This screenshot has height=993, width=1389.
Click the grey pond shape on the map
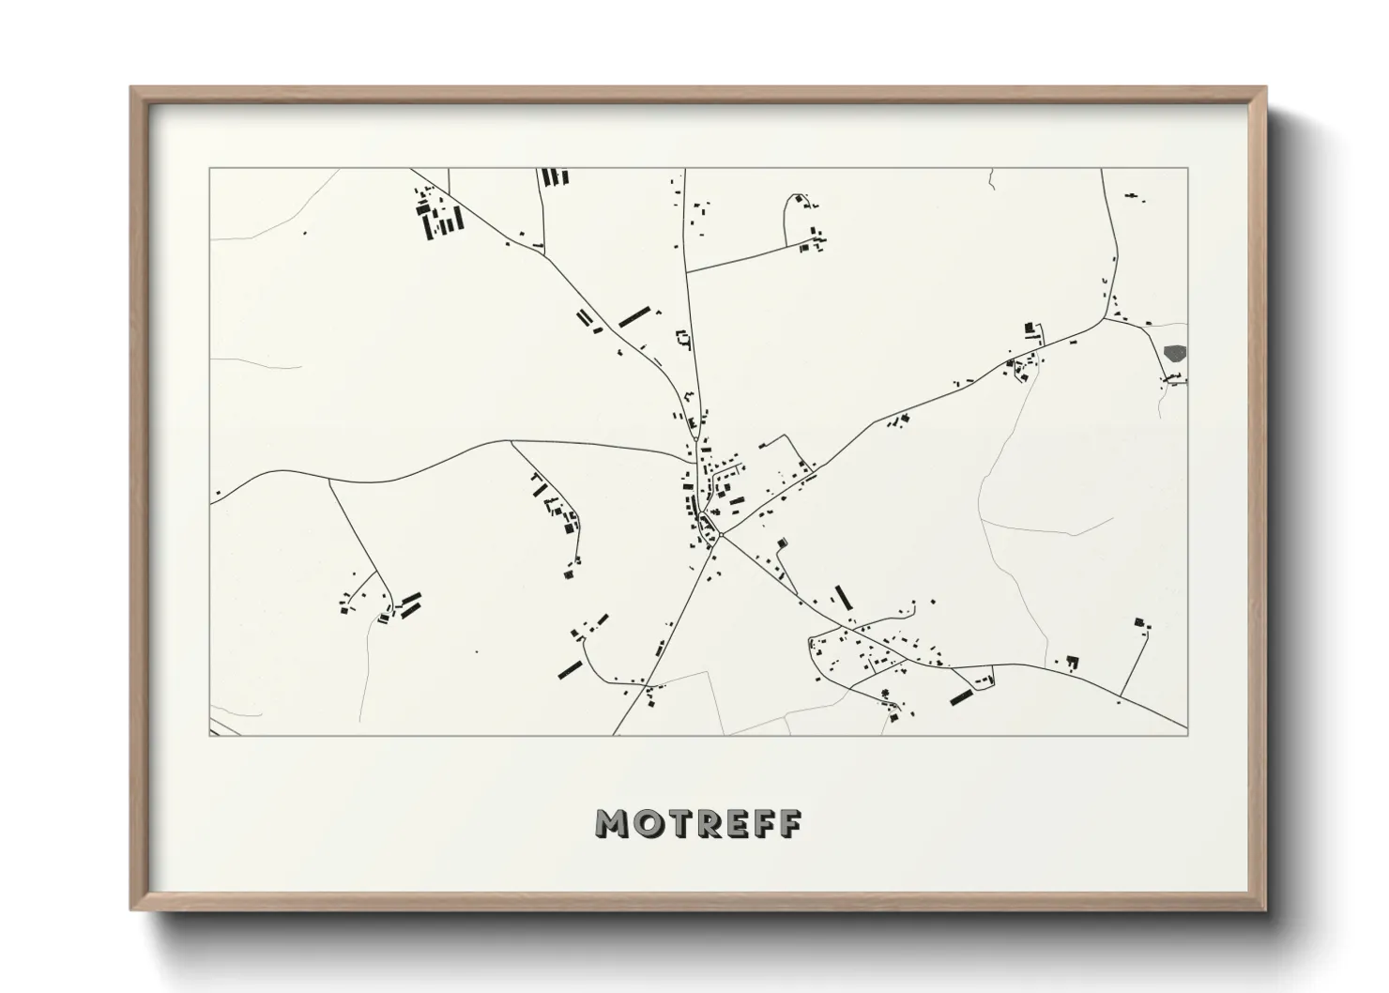pos(1174,354)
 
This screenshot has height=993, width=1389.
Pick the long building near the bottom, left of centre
pos(570,668)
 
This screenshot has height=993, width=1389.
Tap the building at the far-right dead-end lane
pos(1140,622)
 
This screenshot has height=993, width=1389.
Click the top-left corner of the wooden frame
pos(131,87)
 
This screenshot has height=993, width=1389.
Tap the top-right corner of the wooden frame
pos(1265,87)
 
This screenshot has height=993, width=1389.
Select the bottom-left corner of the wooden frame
pos(131,909)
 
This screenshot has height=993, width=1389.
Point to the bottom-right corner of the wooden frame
pos(1265,909)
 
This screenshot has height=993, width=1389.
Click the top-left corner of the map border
pos(209,169)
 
